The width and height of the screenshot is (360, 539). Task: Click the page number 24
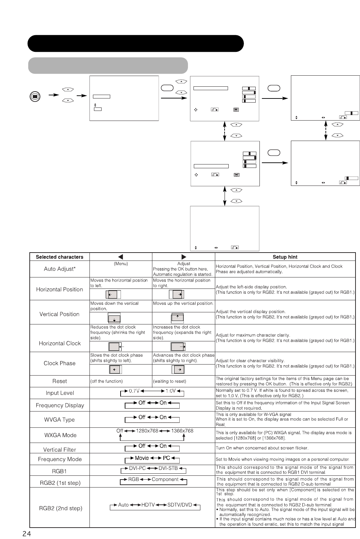point(27,534)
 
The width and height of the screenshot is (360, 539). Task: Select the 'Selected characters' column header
point(59,257)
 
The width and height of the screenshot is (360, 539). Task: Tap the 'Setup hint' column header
point(285,257)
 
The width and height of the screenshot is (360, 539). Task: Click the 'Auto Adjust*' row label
point(59,269)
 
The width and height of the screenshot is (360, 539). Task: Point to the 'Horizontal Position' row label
point(59,289)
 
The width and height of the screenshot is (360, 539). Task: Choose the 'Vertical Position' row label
point(59,314)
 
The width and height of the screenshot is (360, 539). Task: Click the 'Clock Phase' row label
point(59,363)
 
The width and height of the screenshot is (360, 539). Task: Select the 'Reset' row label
point(59,381)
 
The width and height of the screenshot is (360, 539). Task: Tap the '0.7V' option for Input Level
point(134,391)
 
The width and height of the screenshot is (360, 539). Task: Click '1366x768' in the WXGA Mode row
point(182,431)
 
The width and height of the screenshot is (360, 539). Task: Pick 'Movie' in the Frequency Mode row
point(142,458)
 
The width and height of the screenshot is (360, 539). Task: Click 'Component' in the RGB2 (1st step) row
point(165,480)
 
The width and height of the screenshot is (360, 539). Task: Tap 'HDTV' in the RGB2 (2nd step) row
point(148,505)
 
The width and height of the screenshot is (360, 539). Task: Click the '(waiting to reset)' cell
point(170,381)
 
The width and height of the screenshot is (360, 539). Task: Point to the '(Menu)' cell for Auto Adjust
point(121,264)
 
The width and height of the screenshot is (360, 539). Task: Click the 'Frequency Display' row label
point(59,405)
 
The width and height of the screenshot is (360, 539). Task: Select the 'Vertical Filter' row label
point(59,450)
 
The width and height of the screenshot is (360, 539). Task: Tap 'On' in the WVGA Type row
point(163,417)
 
